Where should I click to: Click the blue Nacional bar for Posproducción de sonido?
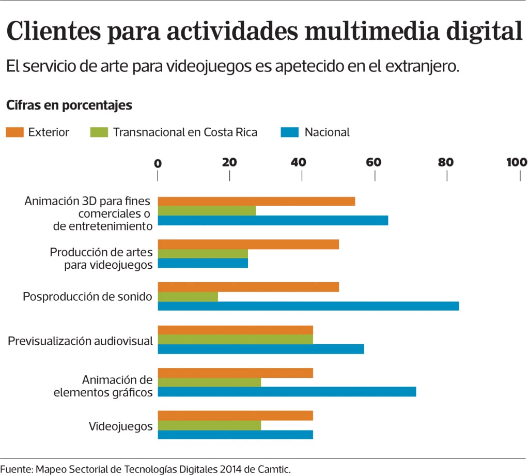click(x=308, y=306)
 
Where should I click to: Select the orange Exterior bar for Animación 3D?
click(x=256, y=201)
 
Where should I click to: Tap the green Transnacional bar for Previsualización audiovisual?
click(x=235, y=339)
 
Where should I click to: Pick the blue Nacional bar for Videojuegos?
click(x=235, y=434)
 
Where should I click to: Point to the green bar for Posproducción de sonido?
click(x=188, y=297)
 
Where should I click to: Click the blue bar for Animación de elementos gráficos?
click(x=287, y=392)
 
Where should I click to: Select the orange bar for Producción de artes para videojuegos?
click(x=248, y=244)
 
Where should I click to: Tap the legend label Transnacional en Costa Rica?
click(x=185, y=132)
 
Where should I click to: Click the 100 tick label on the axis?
click(x=516, y=162)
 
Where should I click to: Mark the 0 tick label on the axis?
click(x=158, y=163)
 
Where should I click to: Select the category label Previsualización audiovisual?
click(x=80, y=341)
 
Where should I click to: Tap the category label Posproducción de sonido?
click(x=87, y=297)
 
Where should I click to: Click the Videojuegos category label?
click(x=120, y=426)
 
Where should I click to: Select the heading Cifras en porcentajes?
click(x=69, y=105)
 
